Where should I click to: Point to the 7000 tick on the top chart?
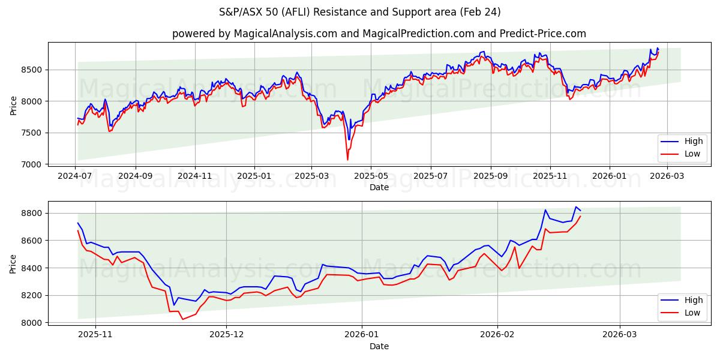click(x=35, y=164)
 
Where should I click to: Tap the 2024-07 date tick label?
click(x=75, y=175)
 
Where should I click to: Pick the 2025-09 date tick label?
click(x=490, y=175)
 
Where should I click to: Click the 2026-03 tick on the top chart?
click(x=667, y=175)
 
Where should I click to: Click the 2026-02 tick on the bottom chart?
click(x=498, y=335)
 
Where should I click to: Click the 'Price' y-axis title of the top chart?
click(x=14, y=106)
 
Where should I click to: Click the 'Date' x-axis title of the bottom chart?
click(x=379, y=346)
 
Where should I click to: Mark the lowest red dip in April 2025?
click(x=347, y=160)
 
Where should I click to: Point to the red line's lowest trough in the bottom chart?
click(x=182, y=319)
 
